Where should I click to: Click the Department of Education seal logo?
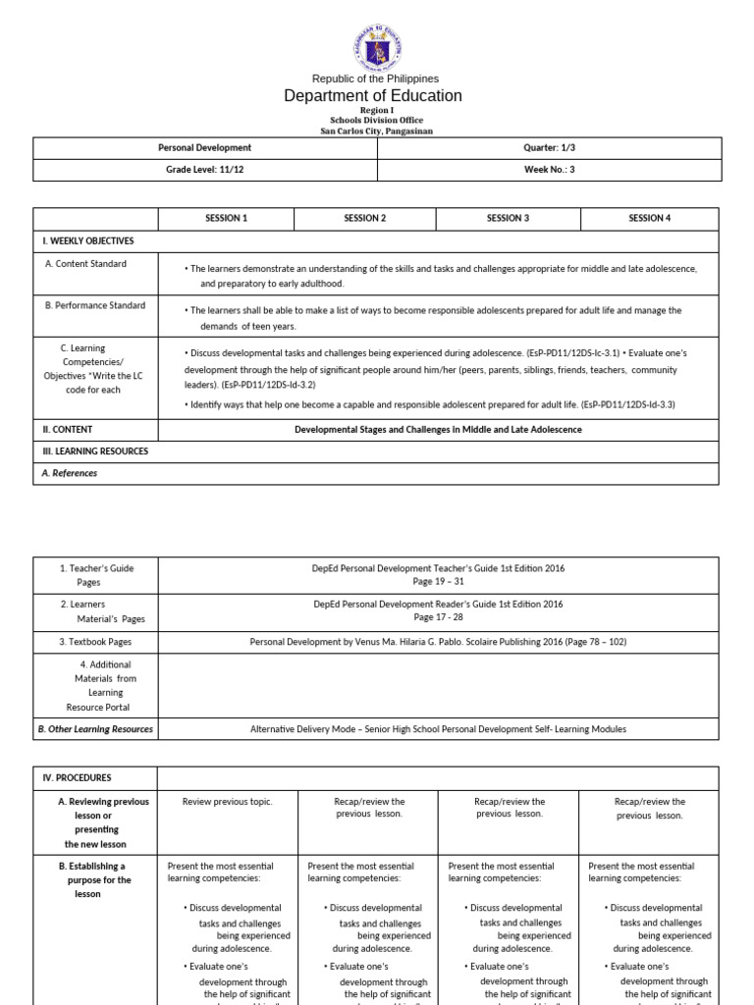tap(376, 43)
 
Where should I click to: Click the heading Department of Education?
tap(373, 95)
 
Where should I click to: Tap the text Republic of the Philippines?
tap(375, 79)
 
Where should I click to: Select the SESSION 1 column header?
tap(226, 218)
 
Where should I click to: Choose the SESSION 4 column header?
tap(650, 218)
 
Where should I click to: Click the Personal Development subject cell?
tap(204, 147)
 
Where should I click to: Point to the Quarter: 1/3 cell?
tap(549, 147)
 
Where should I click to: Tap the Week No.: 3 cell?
tap(549, 169)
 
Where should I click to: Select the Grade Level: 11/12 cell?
tap(204, 169)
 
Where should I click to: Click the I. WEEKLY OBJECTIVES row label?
tap(87, 240)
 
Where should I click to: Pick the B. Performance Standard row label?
tap(95, 305)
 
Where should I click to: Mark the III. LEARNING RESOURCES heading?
tap(94, 450)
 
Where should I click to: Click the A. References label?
tap(68, 472)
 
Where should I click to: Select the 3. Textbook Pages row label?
tap(94, 642)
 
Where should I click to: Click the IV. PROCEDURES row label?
tap(77, 777)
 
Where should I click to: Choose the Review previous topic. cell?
tap(228, 802)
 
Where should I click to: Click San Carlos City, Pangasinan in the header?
tap(376, 130)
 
